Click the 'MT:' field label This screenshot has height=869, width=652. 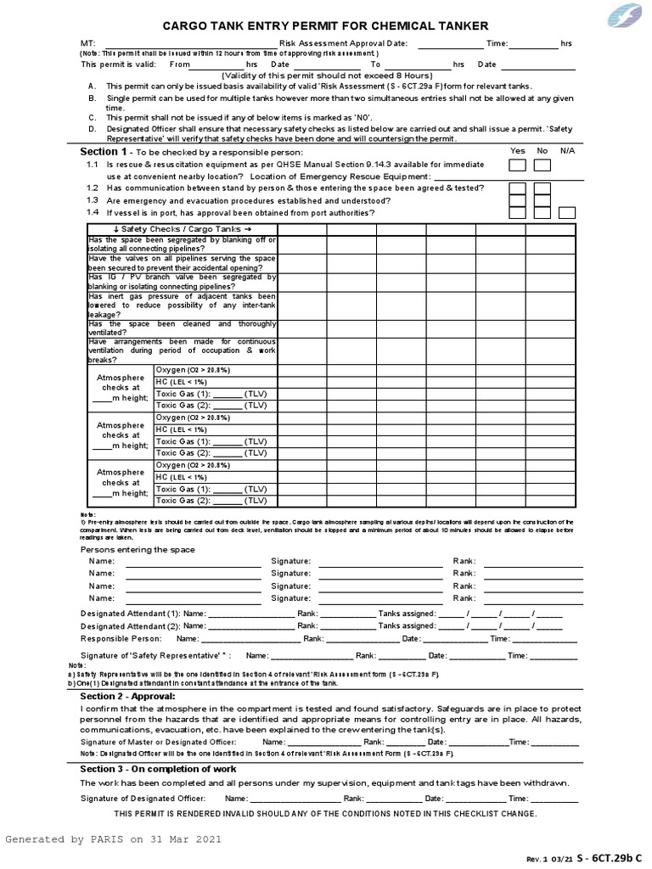pos(87,43)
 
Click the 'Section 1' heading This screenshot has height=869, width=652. pos(103,150)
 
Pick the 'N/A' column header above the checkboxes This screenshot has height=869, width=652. pos(567,150)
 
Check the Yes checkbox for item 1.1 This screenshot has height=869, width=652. pos(516,165)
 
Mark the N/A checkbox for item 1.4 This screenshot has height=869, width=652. pos(567,212)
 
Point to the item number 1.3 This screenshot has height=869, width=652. pos(92,199)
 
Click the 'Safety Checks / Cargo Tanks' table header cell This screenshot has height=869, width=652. pos(183,229)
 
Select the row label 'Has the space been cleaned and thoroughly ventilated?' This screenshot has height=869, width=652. pos(182,328)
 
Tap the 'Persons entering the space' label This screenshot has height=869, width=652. pos(138,549)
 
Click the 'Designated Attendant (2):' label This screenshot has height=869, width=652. pos(130,625)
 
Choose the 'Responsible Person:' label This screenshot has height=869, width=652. pos(121,638)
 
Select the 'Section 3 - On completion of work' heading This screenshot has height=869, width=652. pos(158,768)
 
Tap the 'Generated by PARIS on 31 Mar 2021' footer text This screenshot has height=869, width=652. pos(114,839)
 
